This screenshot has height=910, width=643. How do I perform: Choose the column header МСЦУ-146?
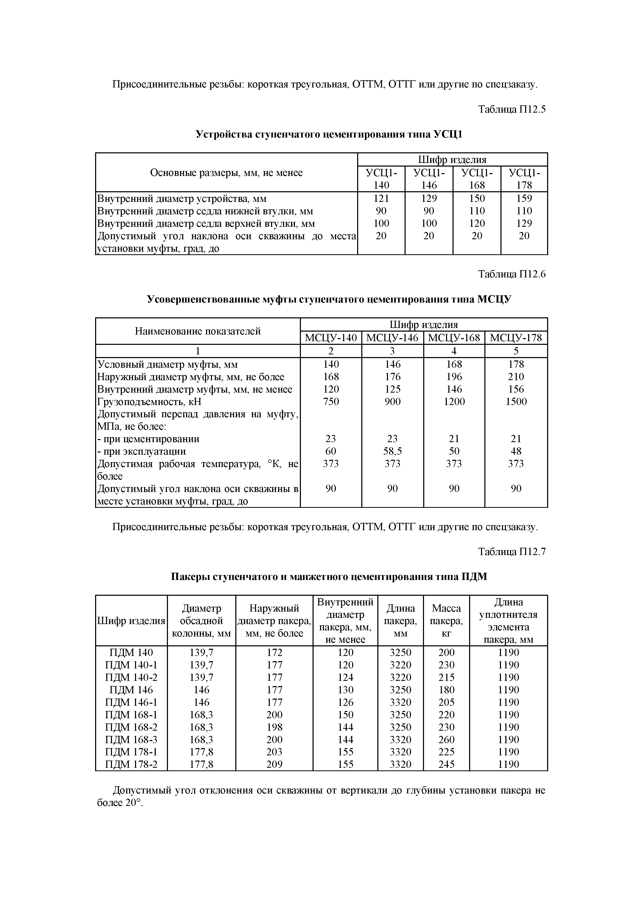392,338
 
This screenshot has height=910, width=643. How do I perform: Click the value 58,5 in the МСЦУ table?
392,451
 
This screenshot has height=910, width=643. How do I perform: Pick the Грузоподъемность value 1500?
516,401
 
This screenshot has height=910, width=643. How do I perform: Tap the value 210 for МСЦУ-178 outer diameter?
516,377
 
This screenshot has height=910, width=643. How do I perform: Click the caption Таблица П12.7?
512,551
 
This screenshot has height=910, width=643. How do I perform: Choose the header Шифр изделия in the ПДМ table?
131,621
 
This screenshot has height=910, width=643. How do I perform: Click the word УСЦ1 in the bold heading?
448,135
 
